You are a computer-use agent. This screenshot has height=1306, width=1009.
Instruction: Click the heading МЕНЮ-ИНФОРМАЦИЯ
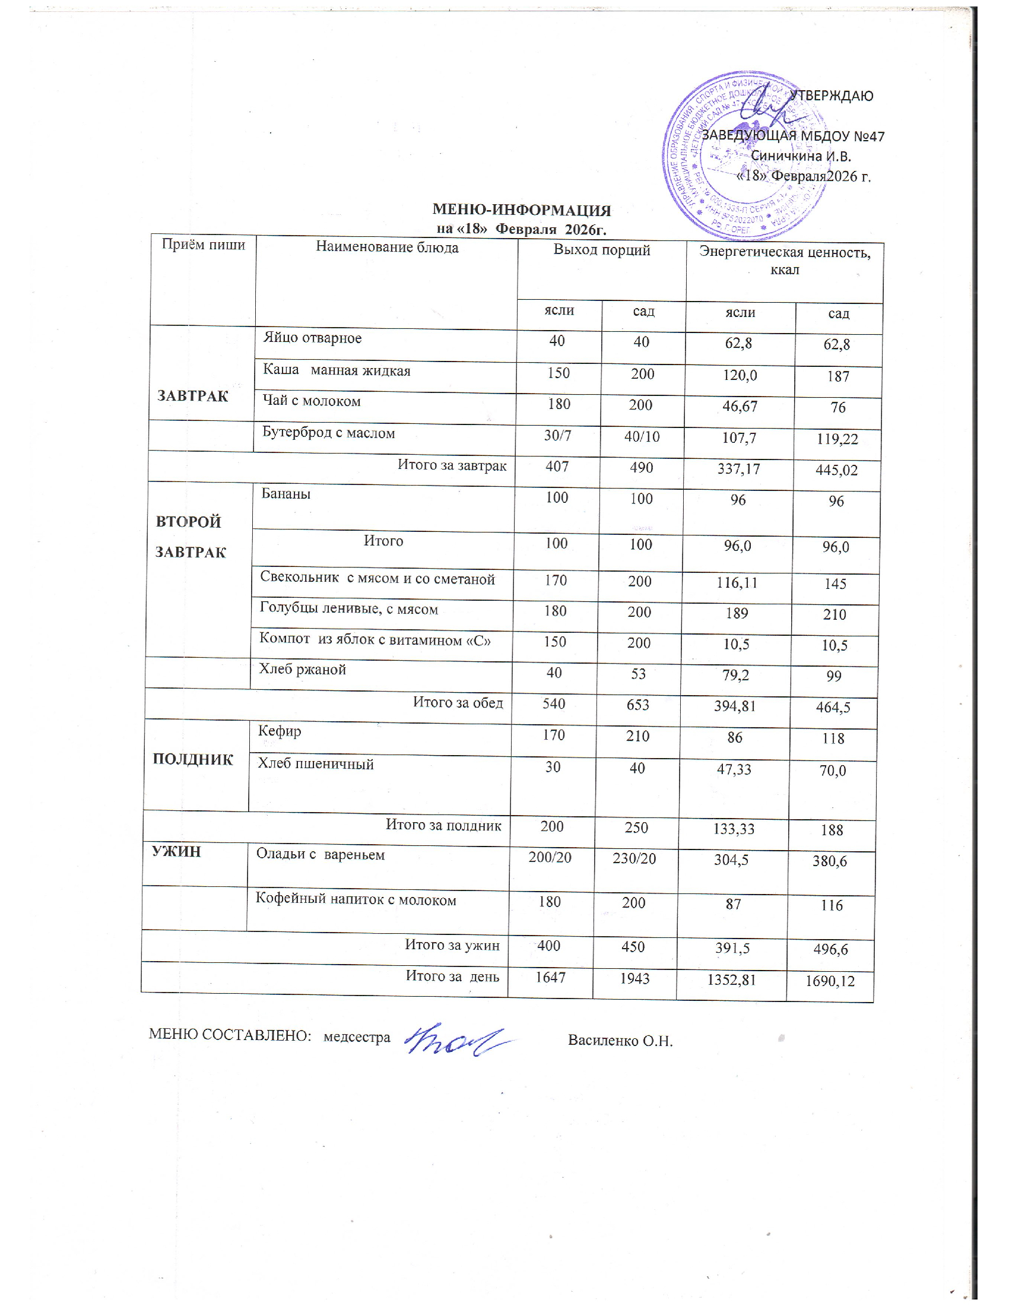pos(521,210)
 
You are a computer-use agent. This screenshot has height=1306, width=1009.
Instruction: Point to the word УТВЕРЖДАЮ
pos(831,96)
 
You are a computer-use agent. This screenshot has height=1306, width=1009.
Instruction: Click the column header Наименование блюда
pos(387,248)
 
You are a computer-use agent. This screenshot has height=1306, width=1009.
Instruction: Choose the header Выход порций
pos(601,250)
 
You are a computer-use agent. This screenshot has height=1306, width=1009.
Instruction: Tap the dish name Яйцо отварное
pos(312,338)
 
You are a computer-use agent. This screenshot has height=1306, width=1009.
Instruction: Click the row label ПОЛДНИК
pos(192,759)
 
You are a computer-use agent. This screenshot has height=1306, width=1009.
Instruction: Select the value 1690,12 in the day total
pos(830,981)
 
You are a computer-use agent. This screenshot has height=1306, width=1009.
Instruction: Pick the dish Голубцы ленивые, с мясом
pos(348,609)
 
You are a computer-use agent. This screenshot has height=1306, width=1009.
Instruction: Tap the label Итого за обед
pos(458,703)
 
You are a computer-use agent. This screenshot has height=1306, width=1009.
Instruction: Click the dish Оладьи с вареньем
pos(321,854)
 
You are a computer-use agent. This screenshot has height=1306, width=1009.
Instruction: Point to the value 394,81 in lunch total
pos(735,706)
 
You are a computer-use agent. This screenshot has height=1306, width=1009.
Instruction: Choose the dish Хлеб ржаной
pos(302,670)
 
